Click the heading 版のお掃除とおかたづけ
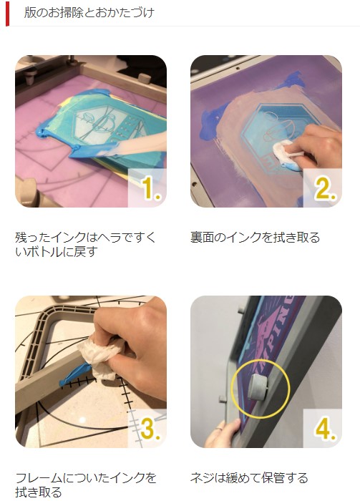click(89, 13)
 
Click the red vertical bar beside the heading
click(7, 13)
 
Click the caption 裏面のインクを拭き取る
click(256, 237)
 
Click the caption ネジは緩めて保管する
click(250, 477)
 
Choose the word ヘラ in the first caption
click(108, 237)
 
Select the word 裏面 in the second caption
click(202, 237)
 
